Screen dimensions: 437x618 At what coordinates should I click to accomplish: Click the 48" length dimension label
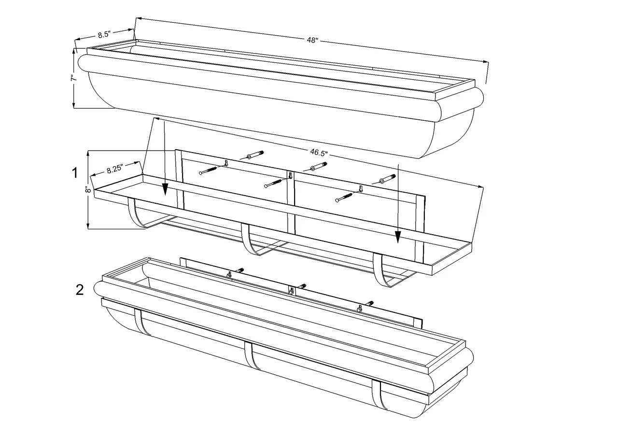[312, 41]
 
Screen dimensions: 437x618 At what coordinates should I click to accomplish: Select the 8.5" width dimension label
[104, 34]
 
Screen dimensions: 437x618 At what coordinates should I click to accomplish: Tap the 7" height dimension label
[73, 78]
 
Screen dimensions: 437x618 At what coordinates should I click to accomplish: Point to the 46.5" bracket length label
[319, 153]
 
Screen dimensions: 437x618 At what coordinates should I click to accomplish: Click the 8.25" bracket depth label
[115, 168]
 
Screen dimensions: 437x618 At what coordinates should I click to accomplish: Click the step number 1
[75, 173]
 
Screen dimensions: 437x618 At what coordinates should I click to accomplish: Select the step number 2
[80, 290]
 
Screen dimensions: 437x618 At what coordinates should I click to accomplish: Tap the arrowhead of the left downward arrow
[165, 191]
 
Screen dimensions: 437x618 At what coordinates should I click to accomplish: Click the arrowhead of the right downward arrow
[397, 237]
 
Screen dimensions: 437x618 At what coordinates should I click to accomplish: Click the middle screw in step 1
[273, 183]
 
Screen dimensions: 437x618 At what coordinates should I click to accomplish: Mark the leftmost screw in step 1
[209, 170]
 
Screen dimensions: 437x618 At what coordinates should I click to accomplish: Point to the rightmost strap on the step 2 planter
[376, 395]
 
